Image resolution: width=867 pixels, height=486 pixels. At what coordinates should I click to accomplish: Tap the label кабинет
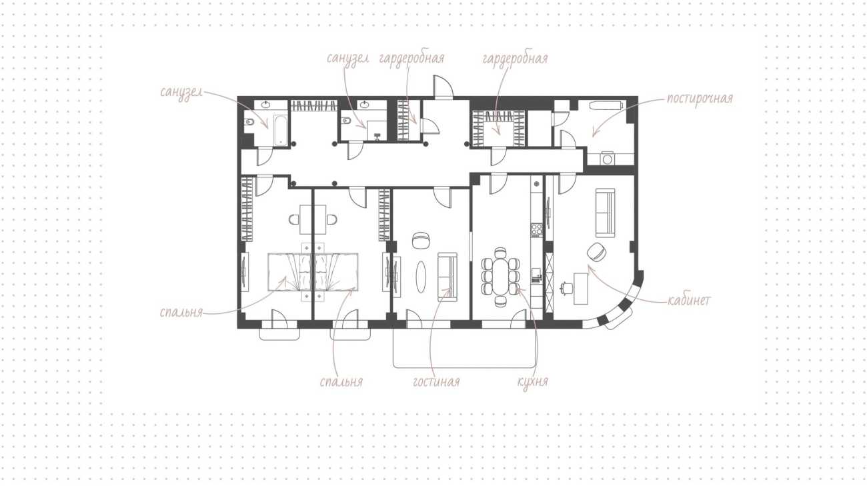tap(690, 301)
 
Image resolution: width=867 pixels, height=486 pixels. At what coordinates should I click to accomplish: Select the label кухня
tap(533, 382)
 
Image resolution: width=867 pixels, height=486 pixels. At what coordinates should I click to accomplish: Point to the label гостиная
tap(436, 382)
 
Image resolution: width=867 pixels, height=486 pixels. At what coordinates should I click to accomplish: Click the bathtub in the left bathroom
tap(281, 130)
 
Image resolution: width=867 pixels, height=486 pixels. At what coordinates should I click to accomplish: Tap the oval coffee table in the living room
tap(421, 277)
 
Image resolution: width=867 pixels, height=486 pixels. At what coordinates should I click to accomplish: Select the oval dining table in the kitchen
tap(500, 277)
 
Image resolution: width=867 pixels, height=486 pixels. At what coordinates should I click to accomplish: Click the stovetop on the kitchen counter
tap(536, 229)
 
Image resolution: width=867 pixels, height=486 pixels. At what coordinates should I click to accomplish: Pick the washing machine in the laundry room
tap(608, 159)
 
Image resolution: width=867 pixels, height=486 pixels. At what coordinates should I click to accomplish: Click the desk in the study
tap(581, 289)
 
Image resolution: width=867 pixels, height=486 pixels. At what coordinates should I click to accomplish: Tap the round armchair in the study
tap(596, 252)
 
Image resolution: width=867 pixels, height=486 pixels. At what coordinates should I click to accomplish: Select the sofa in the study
tap(605, 213)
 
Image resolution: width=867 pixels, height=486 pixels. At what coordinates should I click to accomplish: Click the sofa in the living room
tap(448, 277)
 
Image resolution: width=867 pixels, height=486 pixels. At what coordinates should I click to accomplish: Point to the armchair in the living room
tap(421, 240)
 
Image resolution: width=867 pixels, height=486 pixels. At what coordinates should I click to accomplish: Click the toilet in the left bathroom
tap(249, 122)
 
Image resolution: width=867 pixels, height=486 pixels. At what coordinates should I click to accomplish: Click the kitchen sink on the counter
tap(536, 275)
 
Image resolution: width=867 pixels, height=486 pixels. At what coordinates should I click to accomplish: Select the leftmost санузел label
tap(181, 93)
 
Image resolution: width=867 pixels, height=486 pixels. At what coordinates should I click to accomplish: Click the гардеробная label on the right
tap(515, 59)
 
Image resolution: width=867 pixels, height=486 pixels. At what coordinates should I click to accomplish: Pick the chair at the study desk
tap(567, 288)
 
